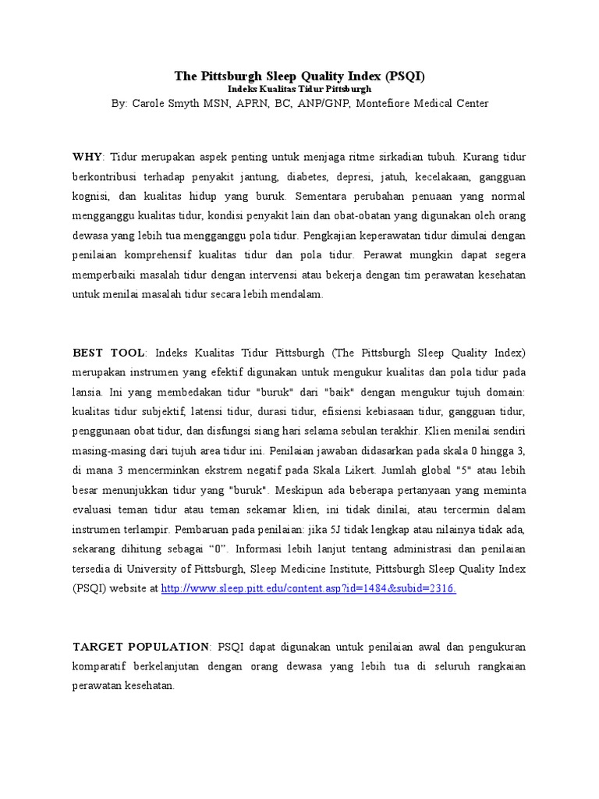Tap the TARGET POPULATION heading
(141, 647)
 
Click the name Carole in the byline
(153, 103)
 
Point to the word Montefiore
(385, 103)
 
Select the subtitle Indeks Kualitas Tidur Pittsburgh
(299, 90)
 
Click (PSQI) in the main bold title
(405, 76)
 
